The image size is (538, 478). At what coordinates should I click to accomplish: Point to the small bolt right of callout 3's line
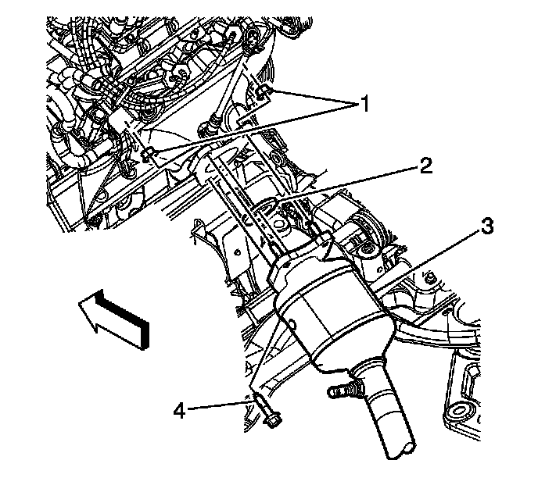431,277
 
